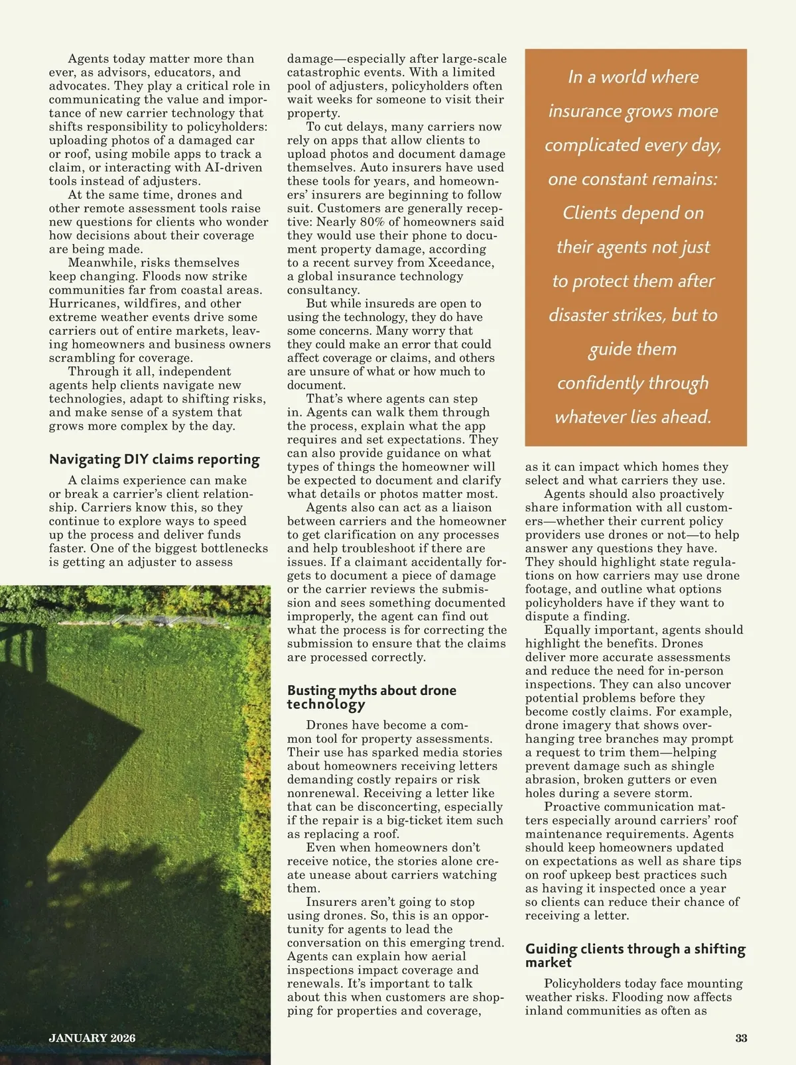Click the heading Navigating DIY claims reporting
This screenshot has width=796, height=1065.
pos(154,459)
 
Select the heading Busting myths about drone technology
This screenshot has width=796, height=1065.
pos(371,697)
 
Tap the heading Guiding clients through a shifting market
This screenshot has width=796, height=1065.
pos(635,955)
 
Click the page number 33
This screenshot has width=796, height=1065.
pos(741,1038)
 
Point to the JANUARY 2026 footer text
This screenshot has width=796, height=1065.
pos(92,1038)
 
